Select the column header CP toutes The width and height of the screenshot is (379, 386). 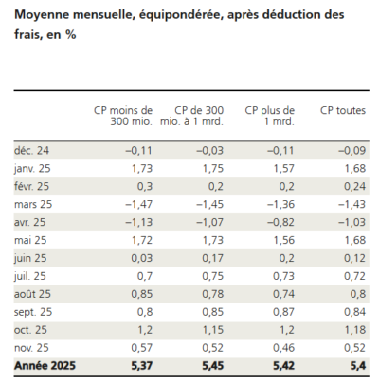pyautogui.click(x=343, y=111)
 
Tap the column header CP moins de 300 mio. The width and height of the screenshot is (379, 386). pyautogui.click(x=126, y=118)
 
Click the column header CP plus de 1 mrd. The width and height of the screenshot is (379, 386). pyautogui.click(x=269, y=118)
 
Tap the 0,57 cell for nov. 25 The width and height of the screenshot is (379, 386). pyautogui.click(x=140, y=347)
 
